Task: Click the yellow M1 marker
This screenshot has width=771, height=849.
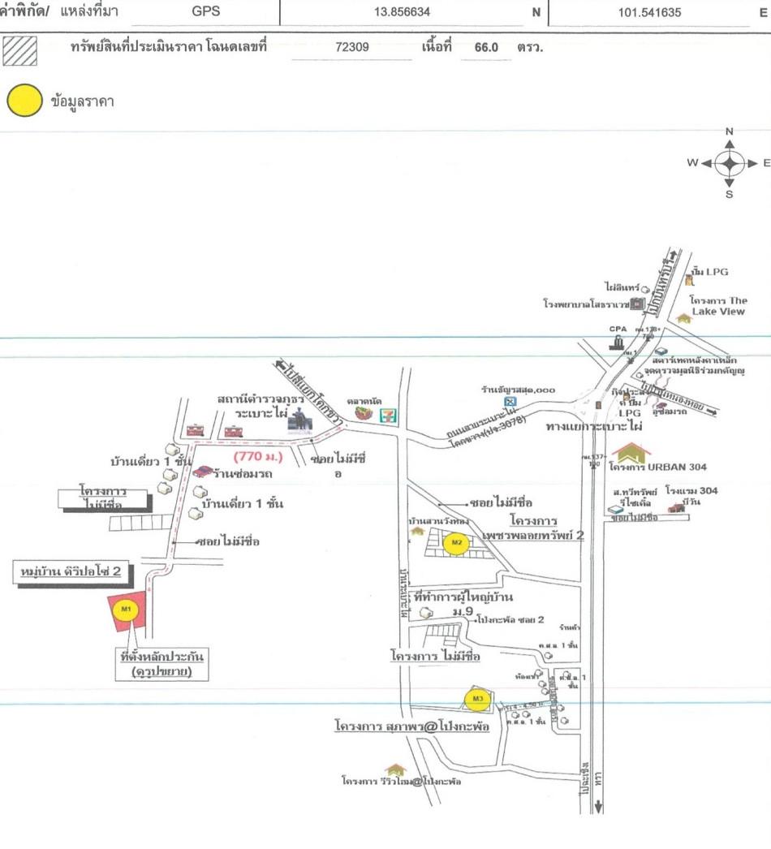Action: click(126, 609)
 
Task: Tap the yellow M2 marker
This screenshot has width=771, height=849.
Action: click(457, 542)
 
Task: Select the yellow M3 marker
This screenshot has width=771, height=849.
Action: click(479, 698)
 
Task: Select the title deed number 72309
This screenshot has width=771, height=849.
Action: click(351, 47)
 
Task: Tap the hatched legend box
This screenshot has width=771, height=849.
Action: click(20, 50)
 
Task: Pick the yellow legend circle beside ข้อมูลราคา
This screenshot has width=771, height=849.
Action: click(24, 101)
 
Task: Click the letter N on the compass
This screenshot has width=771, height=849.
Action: click(729, 131)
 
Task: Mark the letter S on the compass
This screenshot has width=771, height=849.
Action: click(729, 195)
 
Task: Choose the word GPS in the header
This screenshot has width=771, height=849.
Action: click(206, 12)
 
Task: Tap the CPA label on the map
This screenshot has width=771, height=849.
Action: click(618, 329)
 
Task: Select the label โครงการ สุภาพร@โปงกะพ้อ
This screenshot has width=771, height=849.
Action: click(411, 726)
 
